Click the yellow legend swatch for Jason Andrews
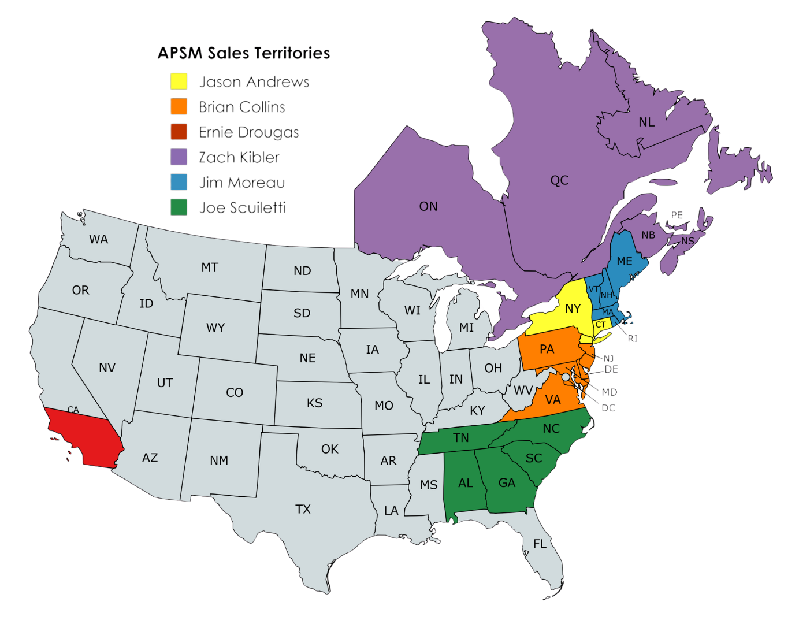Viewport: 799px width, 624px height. (x=179, y=81)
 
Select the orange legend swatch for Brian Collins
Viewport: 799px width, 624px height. (x=179, y=107)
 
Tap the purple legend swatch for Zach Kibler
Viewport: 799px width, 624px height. (x=179, y=157)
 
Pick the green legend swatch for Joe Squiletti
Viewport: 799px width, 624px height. (x=179, y=207)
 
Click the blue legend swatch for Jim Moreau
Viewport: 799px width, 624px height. (x=179, y=182)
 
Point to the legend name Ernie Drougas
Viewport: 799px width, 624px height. (x=248, y=132)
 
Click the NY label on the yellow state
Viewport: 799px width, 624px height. (x=573, y=309)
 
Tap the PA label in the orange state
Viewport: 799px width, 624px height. (x=547, y=349)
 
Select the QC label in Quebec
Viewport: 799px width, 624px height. (x=559, y=180)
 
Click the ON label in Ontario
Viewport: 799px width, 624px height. (x=428, y=206)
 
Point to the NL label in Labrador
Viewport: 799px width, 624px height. (x=646, y=122)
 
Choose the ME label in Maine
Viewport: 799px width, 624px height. (x=625, y=261)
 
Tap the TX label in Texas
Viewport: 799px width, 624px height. (x=303, y=509)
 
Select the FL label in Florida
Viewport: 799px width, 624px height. (x=540, y=544)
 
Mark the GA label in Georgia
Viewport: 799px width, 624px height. (x=507, y=483)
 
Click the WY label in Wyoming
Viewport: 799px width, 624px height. (x=215, y=328)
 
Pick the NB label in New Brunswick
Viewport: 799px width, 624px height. (x=648, y=235)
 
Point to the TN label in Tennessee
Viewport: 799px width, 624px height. (x=461, y=438)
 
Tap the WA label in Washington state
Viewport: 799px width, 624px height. (x=99, y=239)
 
